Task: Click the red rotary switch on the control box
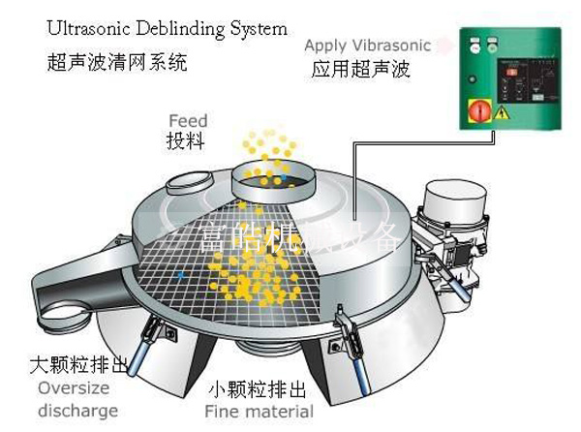click(x=478, y=110)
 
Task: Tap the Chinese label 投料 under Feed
click(x=186, y=141)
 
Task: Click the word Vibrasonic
click(x=391, y=46)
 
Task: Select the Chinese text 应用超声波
click(x=358, y=69)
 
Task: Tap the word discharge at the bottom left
click(x=77, y=411)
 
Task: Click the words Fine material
click(x=261, y=413)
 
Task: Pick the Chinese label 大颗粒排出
click(x=76, y=366)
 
